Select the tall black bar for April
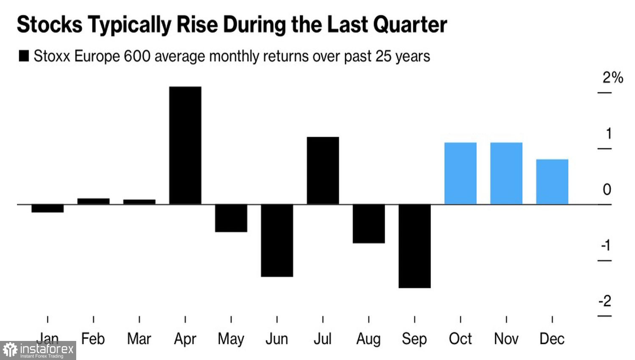(185, 145)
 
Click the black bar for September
(414, 246)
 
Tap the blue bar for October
(460, 173)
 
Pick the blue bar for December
(552, 182)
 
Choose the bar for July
(323, 170)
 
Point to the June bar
(277, 240)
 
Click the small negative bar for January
(47, 208)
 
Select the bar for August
(369, 224)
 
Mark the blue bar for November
(506, 173)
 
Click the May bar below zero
(231, 218)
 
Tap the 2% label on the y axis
(613, 78)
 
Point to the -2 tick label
(605, 301)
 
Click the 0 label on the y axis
(607, 189)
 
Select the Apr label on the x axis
(185, 339)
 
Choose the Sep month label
(414, 339)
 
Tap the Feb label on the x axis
(93, 339)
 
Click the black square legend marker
(24, 56)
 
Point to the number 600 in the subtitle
(137, 56)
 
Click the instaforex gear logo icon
(10, 350)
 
